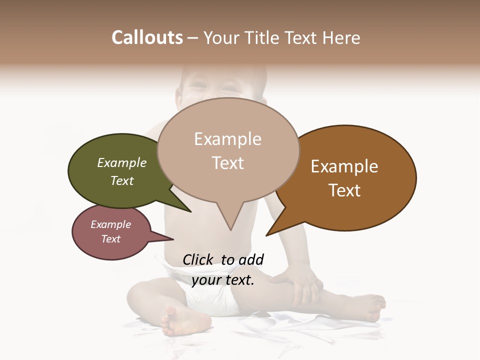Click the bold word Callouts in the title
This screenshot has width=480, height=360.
click(x=147, y=37)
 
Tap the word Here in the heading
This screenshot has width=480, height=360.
click(x=341, y=37)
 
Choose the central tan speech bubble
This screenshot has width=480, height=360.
click(x=228, y=150)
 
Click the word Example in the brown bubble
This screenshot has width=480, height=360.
click(x=344, y=166)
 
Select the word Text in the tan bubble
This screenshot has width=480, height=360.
click(x=228, y=163)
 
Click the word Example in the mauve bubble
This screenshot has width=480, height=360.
click(x=111, y=224)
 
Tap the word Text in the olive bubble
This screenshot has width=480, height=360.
click(x=122, y=180)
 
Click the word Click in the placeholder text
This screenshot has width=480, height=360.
click(x=198, y=259)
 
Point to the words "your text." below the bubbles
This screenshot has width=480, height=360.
click(x=223, y=280)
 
